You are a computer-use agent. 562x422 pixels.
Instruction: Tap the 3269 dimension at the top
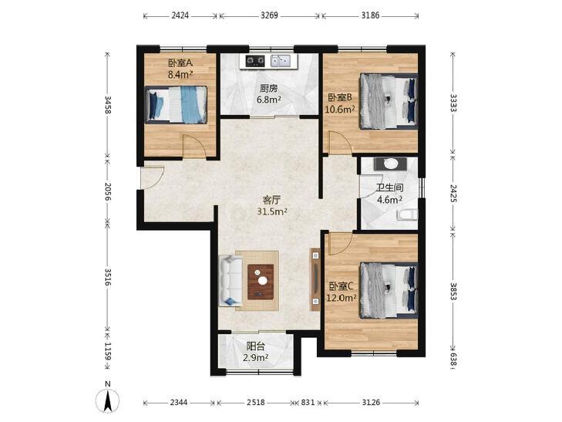[269, 15]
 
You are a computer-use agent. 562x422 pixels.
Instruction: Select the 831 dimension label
[308, 402]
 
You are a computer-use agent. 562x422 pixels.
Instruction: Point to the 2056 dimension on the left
[108, 191]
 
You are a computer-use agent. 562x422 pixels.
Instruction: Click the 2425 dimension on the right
[453, 193]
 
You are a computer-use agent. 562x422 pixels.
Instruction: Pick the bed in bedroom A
[176, 105]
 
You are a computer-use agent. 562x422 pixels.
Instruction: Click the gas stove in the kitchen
[255, 61]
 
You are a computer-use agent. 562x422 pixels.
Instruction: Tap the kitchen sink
[281, 61]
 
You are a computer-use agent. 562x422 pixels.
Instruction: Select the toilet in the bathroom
[408, 215]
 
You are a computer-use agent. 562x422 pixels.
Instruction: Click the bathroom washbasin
[390, 164]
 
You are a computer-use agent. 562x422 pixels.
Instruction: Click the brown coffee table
[261, 282]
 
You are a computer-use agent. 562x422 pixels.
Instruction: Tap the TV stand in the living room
[315, 279]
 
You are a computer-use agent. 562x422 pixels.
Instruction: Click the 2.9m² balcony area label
[256, 358]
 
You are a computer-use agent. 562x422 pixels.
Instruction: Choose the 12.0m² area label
[342, 298]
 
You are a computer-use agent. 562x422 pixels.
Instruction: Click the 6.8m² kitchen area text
[269, 100]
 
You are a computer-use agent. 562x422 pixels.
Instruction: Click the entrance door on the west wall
[152, 178]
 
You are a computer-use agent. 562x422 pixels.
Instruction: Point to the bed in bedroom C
[389, 290]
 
